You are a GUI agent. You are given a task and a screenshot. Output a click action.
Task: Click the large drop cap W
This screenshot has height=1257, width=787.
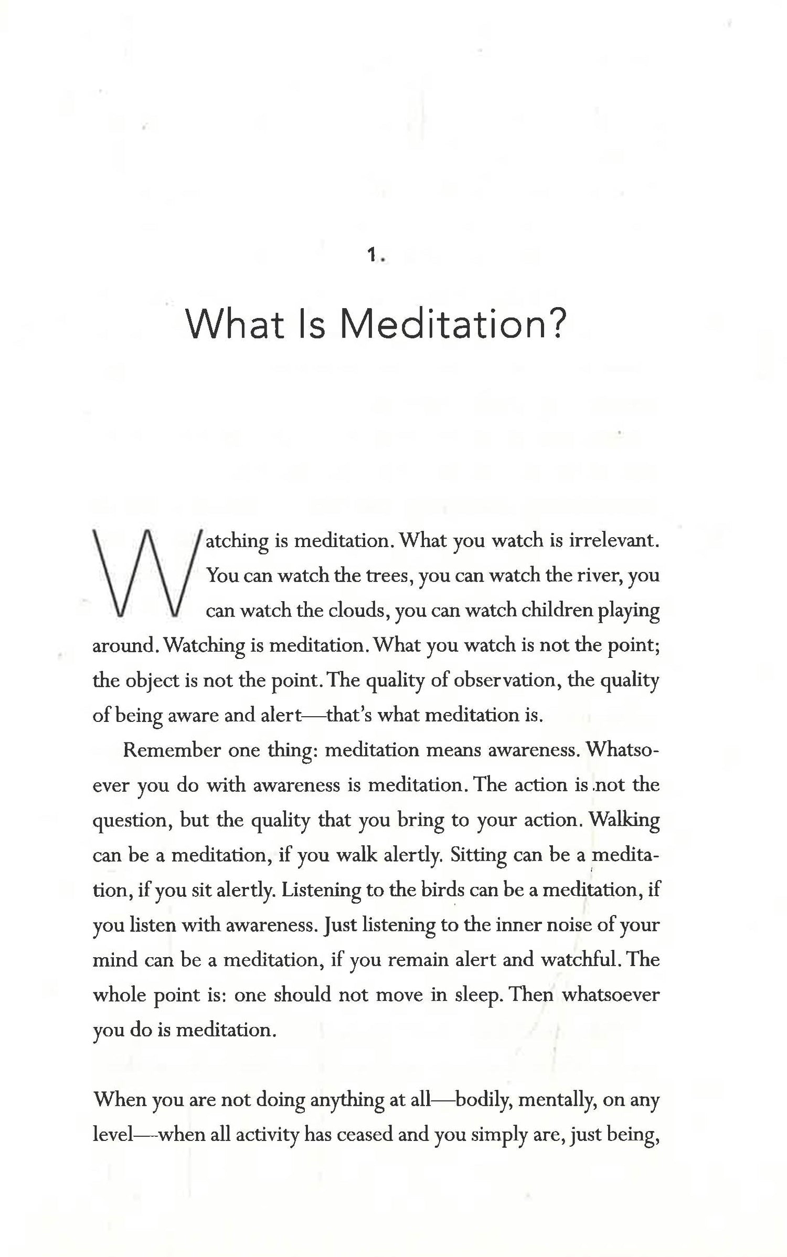(x=146, y=573)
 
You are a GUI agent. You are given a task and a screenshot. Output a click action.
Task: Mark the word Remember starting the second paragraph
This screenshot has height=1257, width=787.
(x=171, y=750)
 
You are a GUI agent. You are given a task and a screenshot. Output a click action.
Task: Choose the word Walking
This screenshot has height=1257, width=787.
(x=624, y=820)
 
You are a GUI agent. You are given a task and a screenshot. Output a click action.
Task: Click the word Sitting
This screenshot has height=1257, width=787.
(x=478, y=855)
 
